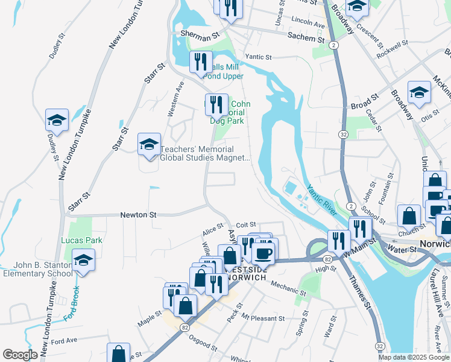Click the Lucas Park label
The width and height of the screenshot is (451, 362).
81,240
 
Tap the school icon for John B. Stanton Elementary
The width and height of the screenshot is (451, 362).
84,261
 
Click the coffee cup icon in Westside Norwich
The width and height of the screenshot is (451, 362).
263,252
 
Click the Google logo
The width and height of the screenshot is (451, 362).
20,355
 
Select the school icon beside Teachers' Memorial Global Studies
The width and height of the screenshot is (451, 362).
149,145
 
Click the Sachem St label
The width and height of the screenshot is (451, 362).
305,37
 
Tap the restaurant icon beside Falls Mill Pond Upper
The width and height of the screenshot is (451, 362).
200,62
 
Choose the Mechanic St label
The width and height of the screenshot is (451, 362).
288,288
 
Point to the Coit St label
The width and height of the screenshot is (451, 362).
246,224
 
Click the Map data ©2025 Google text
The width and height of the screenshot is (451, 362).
413,357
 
